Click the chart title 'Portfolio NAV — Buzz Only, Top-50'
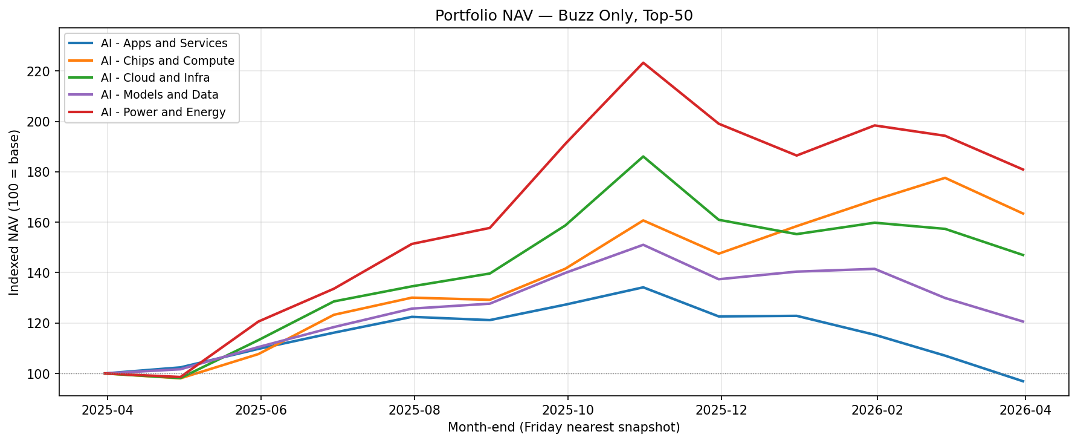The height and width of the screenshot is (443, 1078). click(564, 16)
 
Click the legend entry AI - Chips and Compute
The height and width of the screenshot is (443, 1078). click(167, 61)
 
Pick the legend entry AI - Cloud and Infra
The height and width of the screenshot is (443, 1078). click(155, 78)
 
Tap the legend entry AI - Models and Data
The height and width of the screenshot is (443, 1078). click(160, 95)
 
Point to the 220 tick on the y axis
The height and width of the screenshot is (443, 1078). click(40, 71)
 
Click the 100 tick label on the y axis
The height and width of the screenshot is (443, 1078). click(40, 374)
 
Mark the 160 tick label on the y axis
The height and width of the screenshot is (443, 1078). click(40, 223)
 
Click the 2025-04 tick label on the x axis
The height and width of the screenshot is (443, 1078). click(108, 410)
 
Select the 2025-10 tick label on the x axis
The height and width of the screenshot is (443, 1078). click(567, 410)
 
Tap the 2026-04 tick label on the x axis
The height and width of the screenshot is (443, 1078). click(1025, 410)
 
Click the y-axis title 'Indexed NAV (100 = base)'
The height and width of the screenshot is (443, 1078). click(15, 212)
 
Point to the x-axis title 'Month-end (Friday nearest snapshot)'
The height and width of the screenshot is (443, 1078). click(564, 428)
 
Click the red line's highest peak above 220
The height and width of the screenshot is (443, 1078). click(643, 62)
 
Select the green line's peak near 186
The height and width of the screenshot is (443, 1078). click(643, 157)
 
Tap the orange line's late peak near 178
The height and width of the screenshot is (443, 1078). click(944, 178)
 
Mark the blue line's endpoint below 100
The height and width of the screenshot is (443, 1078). click(1024, 381)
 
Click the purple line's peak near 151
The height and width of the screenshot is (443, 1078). click(643, 245)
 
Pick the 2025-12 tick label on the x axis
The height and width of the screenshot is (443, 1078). click(721, 410)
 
